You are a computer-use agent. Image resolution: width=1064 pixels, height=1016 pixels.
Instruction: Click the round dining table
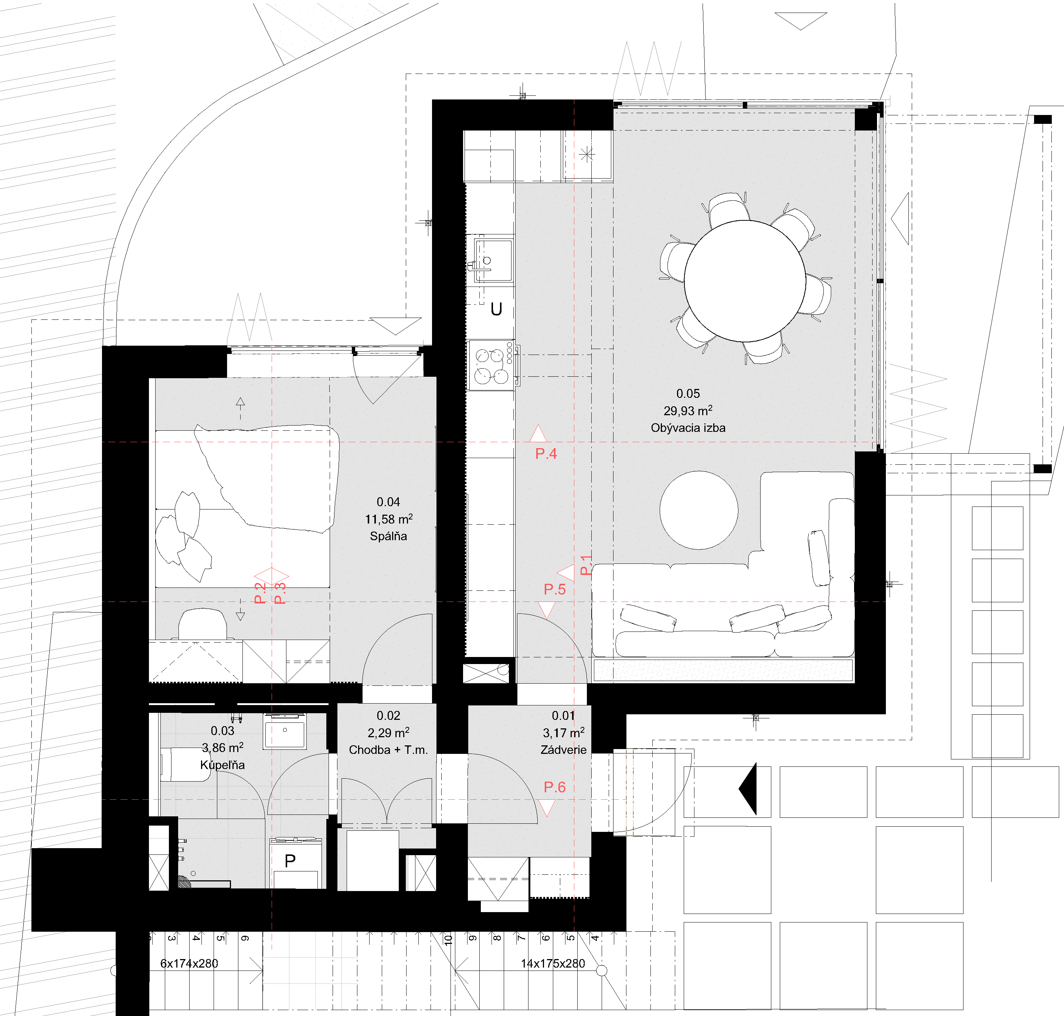[x=745, y=281]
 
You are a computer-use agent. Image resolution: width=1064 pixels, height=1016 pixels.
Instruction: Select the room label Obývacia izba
[x=688, y=428]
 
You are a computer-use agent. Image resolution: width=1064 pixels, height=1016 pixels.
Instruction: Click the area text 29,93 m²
[x=688, y=410]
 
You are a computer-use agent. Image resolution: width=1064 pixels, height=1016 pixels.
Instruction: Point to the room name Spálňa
[x=388, y=536]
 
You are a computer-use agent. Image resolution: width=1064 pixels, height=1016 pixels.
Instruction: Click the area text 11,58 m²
[x=388, y=519]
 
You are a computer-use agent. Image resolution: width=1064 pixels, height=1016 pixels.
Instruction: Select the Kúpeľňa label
[x=222, y=765]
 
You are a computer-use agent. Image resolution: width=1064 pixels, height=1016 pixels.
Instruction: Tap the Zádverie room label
[x=563, y=749]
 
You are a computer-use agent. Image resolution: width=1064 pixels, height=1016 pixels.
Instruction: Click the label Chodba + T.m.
[x=388, y=749]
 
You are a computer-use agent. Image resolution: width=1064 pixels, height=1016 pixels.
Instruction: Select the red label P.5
[x=554, y=589]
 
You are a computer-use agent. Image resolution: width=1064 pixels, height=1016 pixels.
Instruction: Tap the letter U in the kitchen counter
[x=496, y=309]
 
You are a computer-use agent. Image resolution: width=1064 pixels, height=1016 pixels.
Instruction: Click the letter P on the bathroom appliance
[x=290, y=861]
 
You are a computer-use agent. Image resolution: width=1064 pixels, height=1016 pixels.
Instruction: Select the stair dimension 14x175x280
[x=553, y=963]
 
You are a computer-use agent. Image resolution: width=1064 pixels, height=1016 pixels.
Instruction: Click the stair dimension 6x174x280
[x=189, y=963]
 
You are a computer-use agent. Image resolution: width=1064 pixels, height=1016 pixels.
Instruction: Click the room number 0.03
[x=222, y=731]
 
